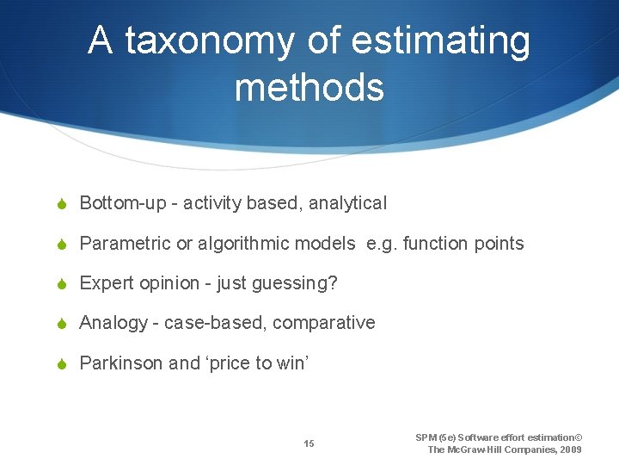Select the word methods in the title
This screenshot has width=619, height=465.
pyautogui.click(x=309, y=87)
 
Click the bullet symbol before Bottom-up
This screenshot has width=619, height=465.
pyautogui.click(x=64, y=204)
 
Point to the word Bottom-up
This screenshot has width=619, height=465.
pyautogui.click(x=117, y=203)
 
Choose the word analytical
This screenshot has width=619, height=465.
pyautogui.click(x=347, y=203)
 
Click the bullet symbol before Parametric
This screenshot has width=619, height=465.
pyautogui.click(x=64, y=244)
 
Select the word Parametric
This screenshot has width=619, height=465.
pyautogui.click(x=125, y=244)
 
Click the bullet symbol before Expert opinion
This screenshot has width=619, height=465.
pyautogui.click(x=64, y=283)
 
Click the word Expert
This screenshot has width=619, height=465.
pyautogui.click(x=105, y=283)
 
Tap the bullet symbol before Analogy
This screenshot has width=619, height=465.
pyautogui.click(x=64, y=323)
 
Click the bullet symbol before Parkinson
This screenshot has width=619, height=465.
pyautogui.click(x=64, y=363)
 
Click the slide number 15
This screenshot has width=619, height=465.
pyautogui.click(x=309, y=443)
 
